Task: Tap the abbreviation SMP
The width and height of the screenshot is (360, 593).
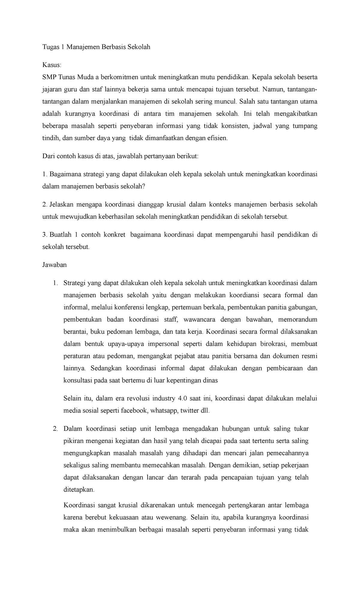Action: coord(49,77)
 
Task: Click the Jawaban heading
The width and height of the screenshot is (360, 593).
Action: coord(54,265)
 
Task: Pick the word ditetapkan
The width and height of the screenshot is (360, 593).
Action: coord(79,490)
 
